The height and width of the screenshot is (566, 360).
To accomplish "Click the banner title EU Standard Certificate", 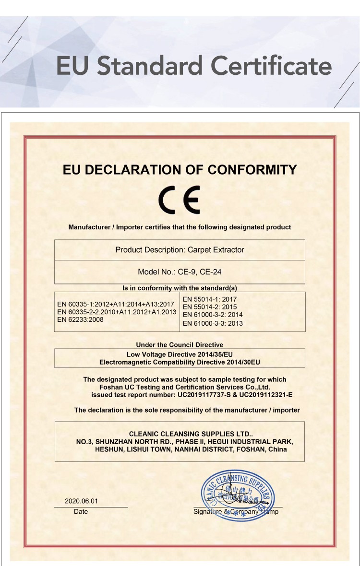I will tap(194, 66).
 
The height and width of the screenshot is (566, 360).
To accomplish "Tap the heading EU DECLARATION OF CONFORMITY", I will tap(180, 170).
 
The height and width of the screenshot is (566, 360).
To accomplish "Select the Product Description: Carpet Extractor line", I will tap(180, 250).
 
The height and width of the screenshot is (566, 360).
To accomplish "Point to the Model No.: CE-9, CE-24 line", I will tap(180, 272).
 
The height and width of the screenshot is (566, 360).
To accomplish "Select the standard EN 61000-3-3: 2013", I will tap(213, 323).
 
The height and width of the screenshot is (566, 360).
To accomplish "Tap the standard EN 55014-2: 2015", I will tap(210, 307).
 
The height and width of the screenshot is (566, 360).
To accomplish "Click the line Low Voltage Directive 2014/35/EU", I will tap(180, 354).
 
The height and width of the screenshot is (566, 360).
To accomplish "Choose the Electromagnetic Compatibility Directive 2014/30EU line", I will tap(180, 362).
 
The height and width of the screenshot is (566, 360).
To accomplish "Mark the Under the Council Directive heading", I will tap(180, 345).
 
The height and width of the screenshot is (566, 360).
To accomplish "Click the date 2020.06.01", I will tap(81, 501).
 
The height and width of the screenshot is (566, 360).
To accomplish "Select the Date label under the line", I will tap(81, 512).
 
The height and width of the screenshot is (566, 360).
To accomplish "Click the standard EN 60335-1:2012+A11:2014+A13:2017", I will tap(115, 304).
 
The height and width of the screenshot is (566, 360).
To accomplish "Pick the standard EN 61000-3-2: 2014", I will tap(213, 315).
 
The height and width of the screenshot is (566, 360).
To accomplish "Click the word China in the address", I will tap(277, 449).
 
